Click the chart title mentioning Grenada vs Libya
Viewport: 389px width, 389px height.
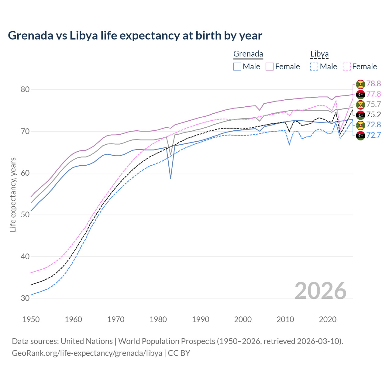135,36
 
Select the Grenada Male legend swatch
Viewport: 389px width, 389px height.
237,67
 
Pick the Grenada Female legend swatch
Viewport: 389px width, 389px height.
270,67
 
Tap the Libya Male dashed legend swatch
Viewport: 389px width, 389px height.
314,67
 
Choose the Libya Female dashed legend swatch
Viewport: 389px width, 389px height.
347,67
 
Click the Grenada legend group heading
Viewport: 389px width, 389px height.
248,54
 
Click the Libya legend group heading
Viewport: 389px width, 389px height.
319,54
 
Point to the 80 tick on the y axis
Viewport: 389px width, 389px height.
25,89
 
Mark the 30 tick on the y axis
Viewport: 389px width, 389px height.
25,298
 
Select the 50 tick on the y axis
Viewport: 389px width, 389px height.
25,215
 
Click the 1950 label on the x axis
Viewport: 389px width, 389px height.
31,319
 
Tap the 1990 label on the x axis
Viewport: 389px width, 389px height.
201,319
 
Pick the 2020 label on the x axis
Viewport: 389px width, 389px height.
328,319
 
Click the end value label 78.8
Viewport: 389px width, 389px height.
374,84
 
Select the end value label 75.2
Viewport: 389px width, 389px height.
374,115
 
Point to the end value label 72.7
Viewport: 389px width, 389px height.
374,135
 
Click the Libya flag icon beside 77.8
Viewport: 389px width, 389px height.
360,94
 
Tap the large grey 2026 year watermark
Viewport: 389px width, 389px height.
321,291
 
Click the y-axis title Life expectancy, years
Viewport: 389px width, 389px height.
13,194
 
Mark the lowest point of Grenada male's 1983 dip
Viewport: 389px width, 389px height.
170,178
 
